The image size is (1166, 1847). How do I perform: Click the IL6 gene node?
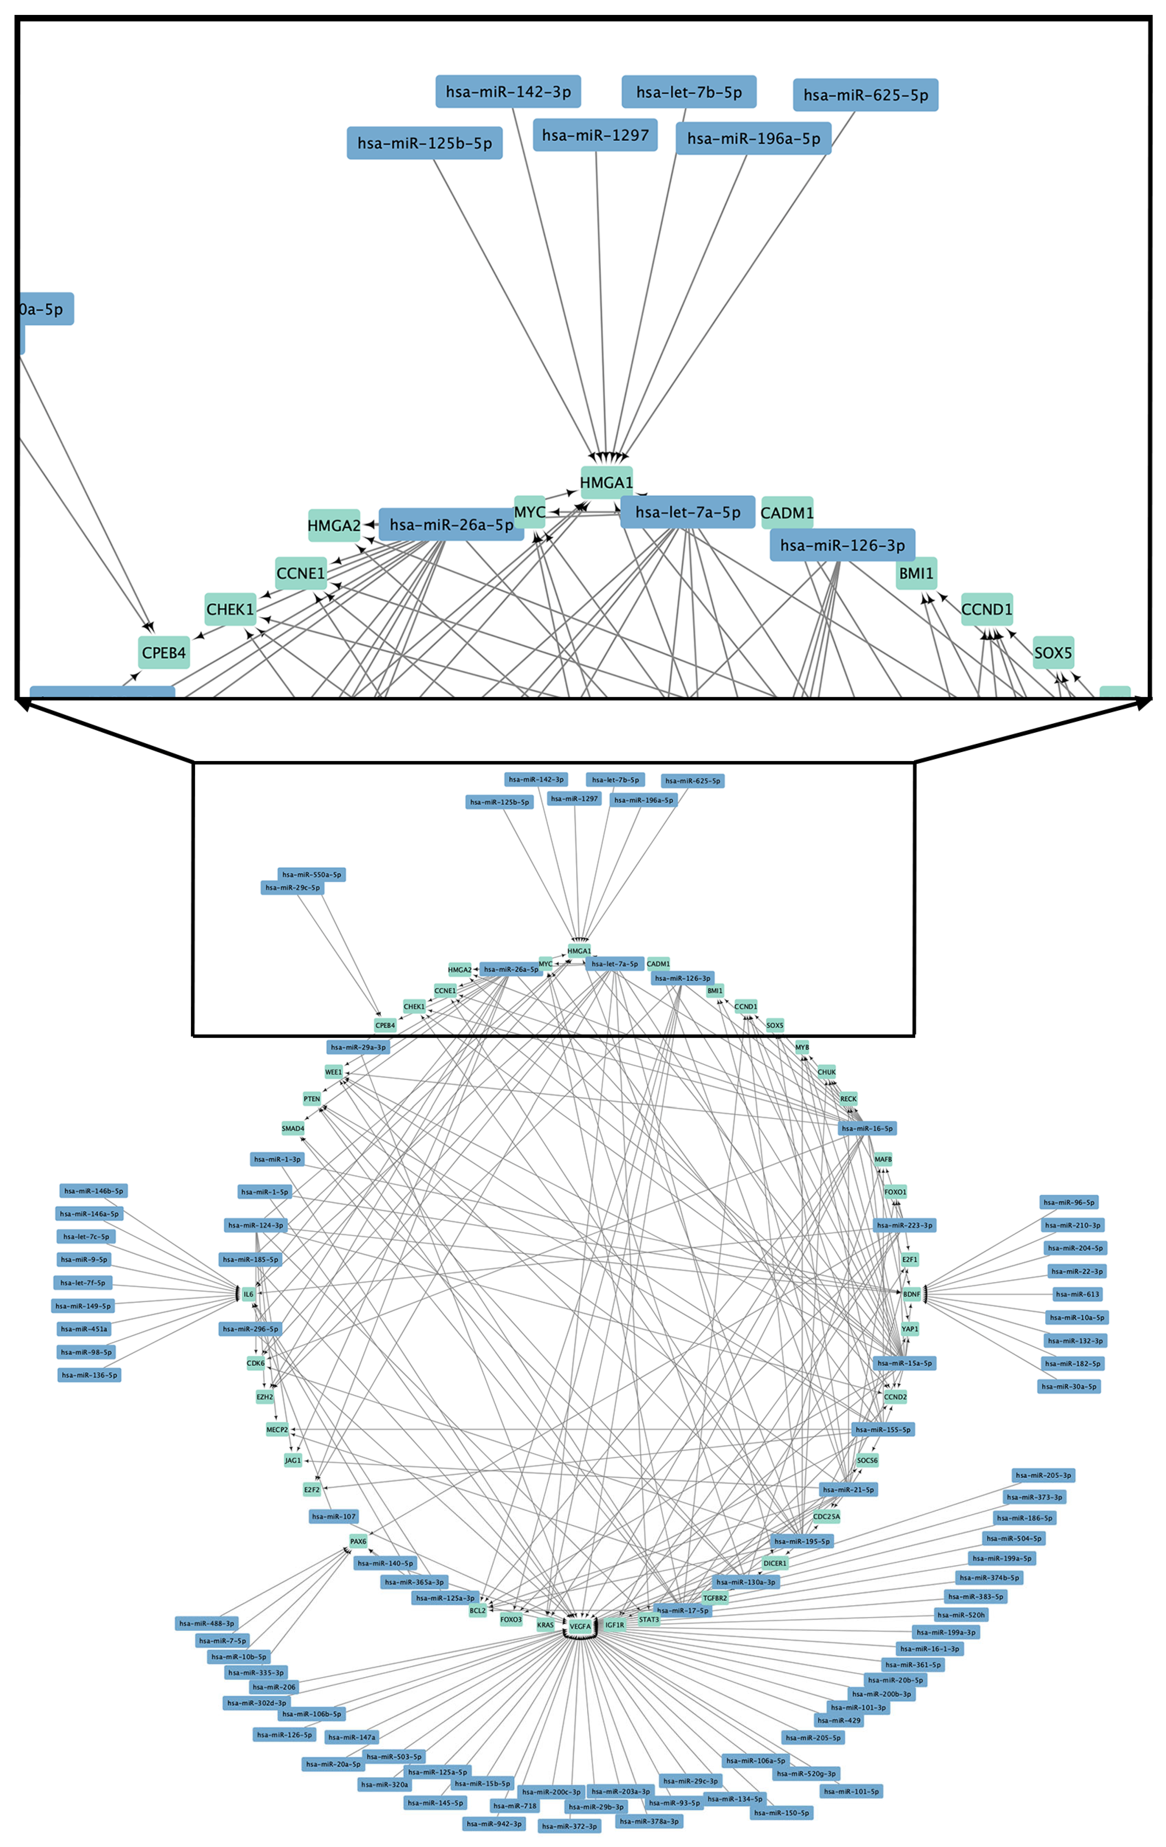click(248, 1294)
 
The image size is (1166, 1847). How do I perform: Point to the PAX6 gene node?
click(358, 1541)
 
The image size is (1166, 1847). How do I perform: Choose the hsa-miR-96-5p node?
click(1069, 1202)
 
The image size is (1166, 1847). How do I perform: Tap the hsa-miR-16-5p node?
click(867, 1128)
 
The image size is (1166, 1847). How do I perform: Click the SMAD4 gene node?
click(293, 1128)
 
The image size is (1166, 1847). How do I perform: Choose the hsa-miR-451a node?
click(84, 1328)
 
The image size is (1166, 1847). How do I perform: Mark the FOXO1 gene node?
click(895, 1192)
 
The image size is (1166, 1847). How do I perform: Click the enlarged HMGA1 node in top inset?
click(606, 483)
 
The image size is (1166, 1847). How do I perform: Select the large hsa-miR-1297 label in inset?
click(595, 135)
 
